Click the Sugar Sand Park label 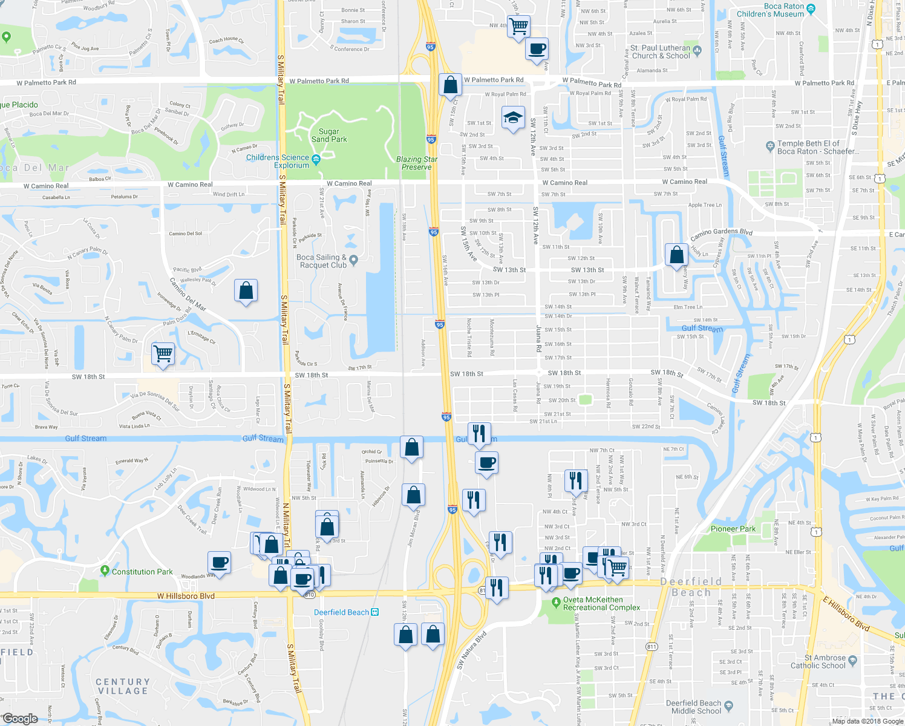click(x=329, y=135)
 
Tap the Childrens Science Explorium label click(x=278, y=162)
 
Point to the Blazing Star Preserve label click(x=417, y=163)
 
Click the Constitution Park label click(x=142, y=572)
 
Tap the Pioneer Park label click(x=733, y=529)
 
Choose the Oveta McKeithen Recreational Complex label click(x=601, y=604)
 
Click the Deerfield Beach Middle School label click(x=694, y=707)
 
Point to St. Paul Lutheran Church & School click(x=660, y=51)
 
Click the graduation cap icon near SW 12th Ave click(x=513, y=118)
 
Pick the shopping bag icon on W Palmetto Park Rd click(x=450, y=85)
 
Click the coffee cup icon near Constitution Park click(x=220, y=563)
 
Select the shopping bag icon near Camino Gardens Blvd click(x=676, y=255)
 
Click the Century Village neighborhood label click(x=123, y=686)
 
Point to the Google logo click(x=20, y=719)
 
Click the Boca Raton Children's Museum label click(x=770, y=10)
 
